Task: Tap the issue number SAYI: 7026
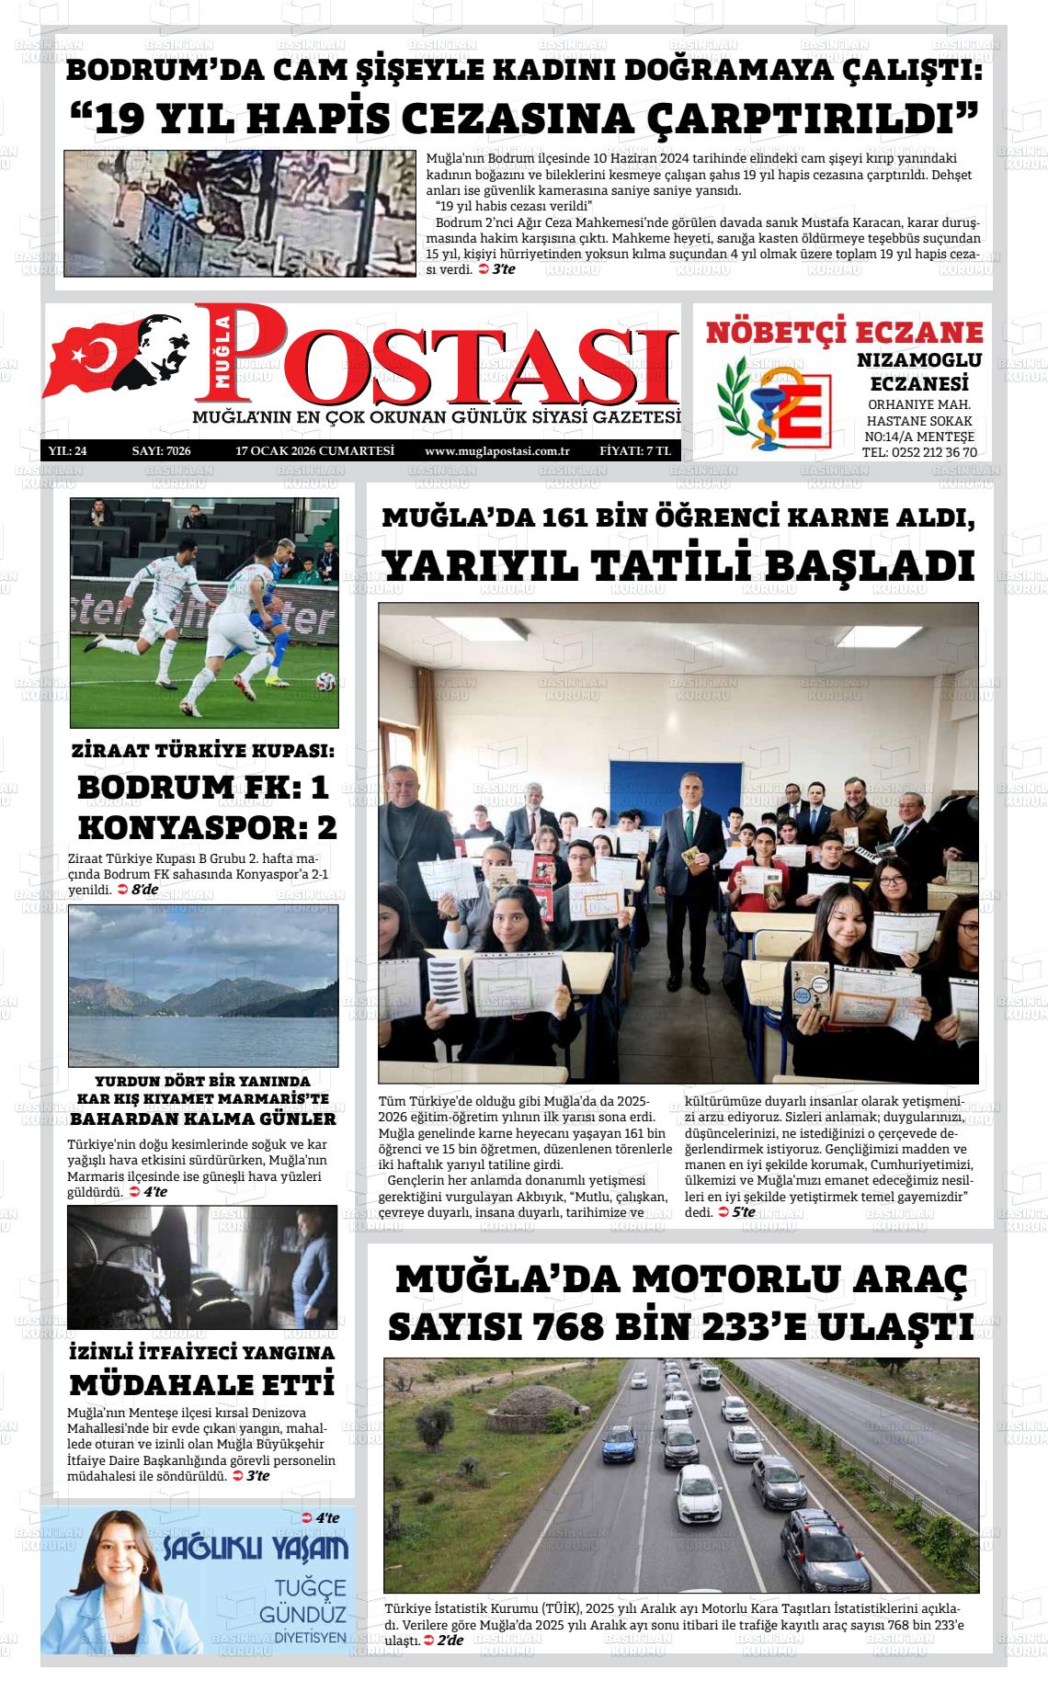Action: click(x=161, y=450)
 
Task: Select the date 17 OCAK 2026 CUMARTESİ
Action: click(x=314, y=450)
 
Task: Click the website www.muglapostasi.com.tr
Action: click(x=497, y=450)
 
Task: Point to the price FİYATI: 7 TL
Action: click(x=634, y=450)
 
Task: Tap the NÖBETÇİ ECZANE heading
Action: click(x=844, y=332)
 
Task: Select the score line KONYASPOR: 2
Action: click(x=207, y=827)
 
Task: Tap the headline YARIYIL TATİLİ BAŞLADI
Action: click(x=678, y=565)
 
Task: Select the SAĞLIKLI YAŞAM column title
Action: click(x=256, y=1550)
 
